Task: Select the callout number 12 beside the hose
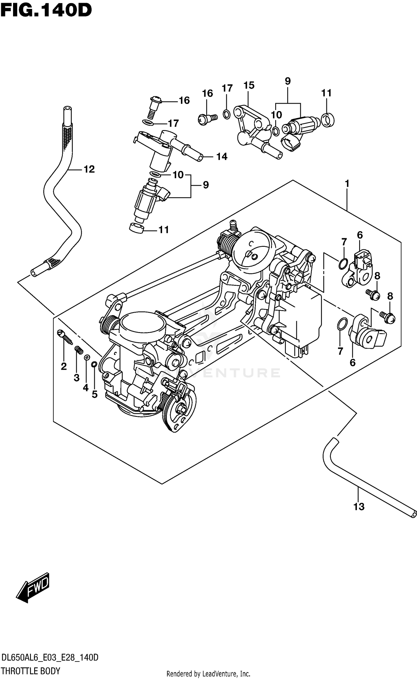(89, 169)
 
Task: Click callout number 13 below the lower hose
(359, 507)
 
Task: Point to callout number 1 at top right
(347, 184)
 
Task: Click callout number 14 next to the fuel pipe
(222, 157)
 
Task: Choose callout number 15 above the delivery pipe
(249, 86)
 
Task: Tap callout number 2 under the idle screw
(64, 367)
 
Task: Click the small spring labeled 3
(79, 350)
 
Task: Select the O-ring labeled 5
(94, 364)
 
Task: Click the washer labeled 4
(87, 357)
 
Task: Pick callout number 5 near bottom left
(95, 394)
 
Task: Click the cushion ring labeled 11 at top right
(328, 120)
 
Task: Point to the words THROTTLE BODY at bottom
(31, 671)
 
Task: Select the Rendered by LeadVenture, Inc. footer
(208, 674)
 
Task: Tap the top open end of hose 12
(67, 108)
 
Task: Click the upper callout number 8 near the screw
(377, 276)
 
